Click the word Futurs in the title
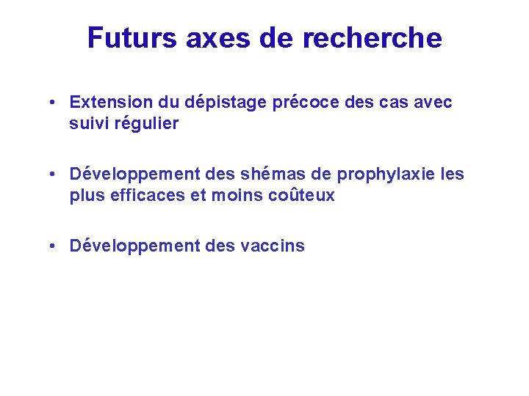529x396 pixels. click(132, 38)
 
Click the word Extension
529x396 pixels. click(111, 103)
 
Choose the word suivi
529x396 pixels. click(88, 123)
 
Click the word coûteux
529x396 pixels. click(303, 195)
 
